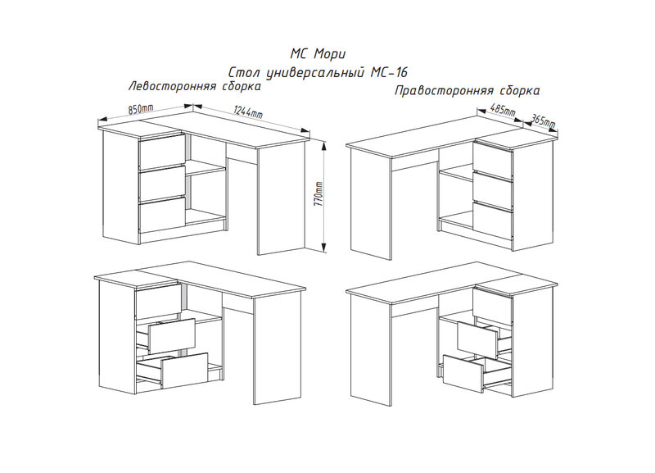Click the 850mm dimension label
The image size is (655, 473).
click(141, 109)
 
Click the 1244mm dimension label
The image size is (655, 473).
click(248, 111)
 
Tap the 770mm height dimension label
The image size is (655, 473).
click(319, 196)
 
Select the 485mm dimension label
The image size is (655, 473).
click(503, 111)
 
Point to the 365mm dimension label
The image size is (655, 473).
click(542, 121)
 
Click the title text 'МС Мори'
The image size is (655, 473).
click(318, 54)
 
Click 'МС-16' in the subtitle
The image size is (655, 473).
click(389, 72)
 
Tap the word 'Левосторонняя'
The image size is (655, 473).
click(172, 86)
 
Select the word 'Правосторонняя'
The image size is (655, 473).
click(442, 91)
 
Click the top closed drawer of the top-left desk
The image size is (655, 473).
click(161, 152)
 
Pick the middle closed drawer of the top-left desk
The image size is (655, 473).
click(162, 183)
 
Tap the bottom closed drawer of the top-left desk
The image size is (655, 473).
click(162, 215)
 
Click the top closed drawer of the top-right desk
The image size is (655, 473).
click(493, 159)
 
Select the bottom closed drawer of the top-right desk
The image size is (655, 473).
click(493, 221)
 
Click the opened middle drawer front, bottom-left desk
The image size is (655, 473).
click(172, 335)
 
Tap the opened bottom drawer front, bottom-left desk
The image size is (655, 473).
click(185, 371)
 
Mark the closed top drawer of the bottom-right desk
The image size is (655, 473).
click(493, 305)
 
